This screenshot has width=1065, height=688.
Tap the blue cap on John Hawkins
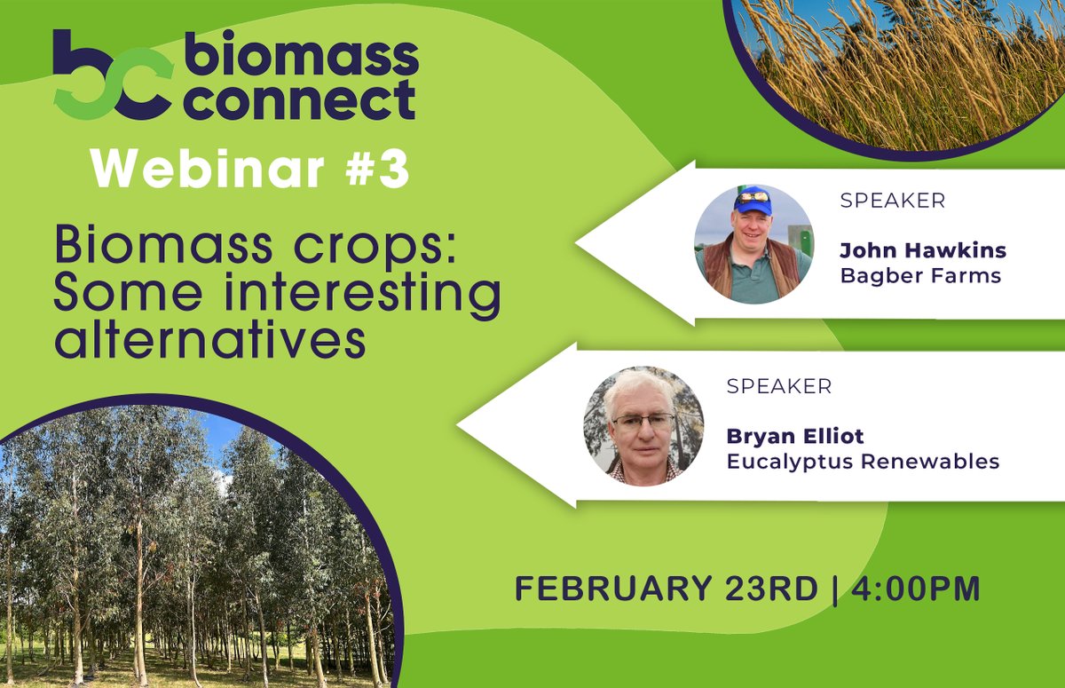pyautogui.click(x=753, y=199)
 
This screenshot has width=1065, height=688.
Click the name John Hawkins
pyautogui.click(x=923, y=251)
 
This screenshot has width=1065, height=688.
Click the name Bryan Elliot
pyautogui.click(x=794, y=437)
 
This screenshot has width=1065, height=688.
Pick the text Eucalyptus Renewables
pyautogui.click(x=863, y=462)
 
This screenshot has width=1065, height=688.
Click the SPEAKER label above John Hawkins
pyautogui.click(x=892, y=201)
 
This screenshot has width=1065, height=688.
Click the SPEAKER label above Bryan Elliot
pyautogui.click(x=778, y=387)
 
